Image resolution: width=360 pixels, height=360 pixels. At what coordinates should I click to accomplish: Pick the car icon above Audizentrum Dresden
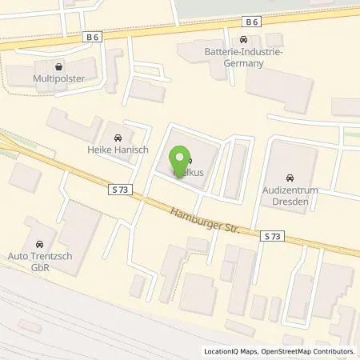pyautogui.click(x=289, y=177)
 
